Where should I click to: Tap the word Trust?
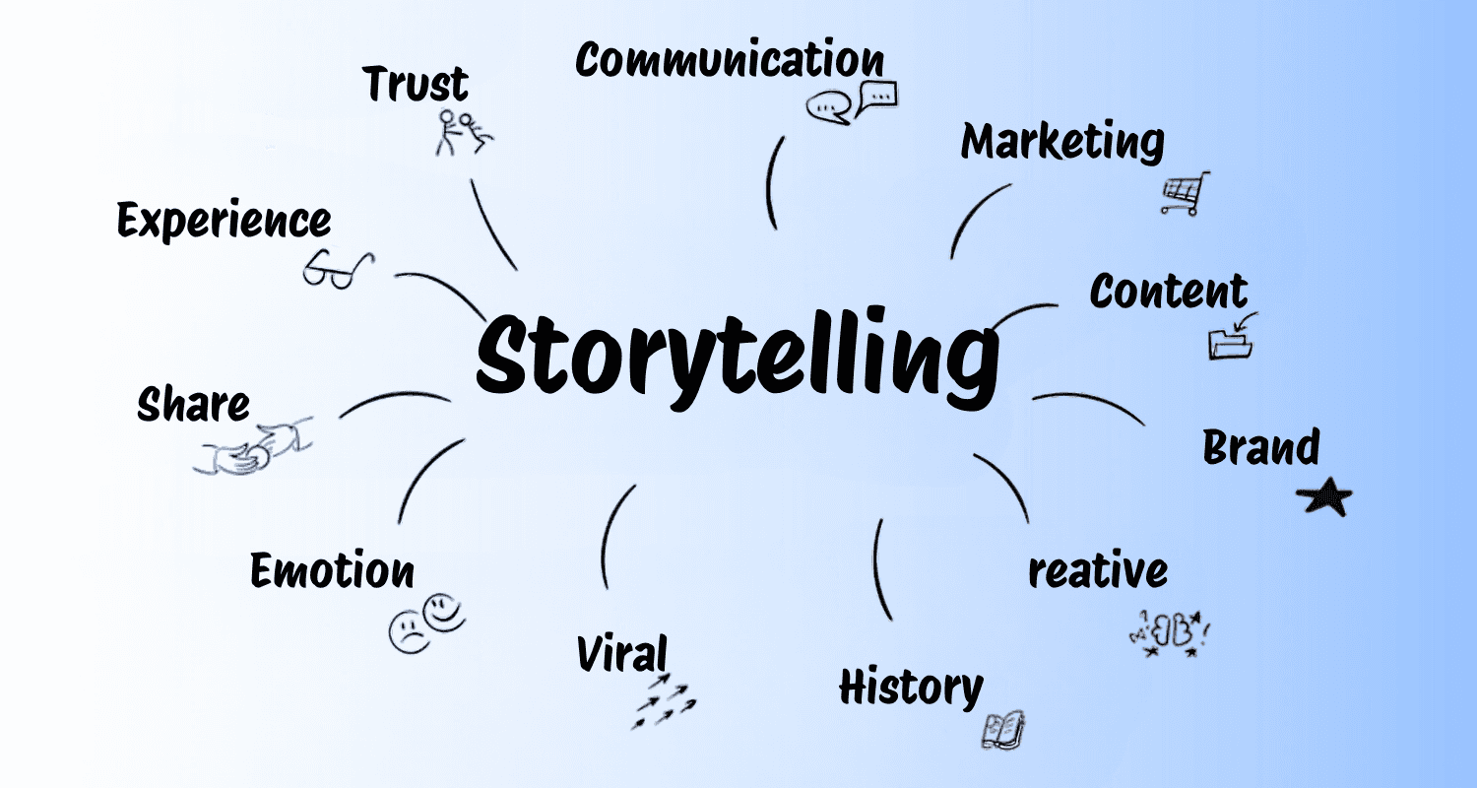416,85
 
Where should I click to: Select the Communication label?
730,61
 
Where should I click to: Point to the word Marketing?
1062,143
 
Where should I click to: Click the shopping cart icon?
1184,193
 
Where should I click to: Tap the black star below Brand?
1323,499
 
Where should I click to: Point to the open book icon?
1003,729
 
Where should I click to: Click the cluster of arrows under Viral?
664,701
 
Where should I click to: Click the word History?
911,687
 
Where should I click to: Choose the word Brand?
1260,448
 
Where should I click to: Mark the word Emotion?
332,571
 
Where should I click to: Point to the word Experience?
224,221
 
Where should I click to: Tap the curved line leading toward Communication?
771,182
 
